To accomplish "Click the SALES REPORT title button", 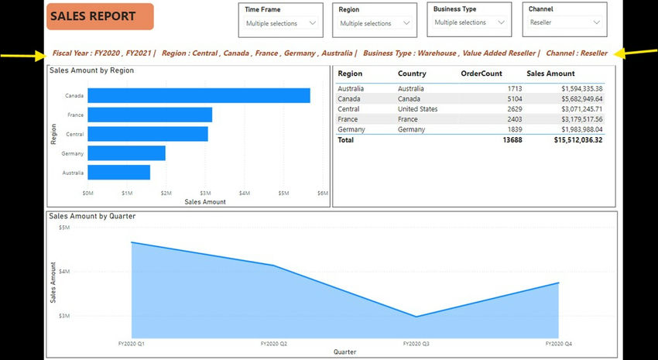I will (100, 16).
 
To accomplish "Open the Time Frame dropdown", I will (281, 23).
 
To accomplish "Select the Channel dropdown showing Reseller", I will (565, 22).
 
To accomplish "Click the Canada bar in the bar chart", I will (199, 95).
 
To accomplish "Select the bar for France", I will (149, 115).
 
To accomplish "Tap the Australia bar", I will (118, 172).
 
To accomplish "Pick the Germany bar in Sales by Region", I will (126, 153).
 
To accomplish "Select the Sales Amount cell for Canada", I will (575, 99).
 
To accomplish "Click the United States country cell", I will (417, 109).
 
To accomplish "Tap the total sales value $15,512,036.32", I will (577, 140).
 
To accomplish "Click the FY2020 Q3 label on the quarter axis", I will (416, 343).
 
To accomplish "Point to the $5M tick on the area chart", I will (64, 228).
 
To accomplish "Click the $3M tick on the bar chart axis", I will (205, 193).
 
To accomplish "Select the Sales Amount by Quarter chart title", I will (92, 216).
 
